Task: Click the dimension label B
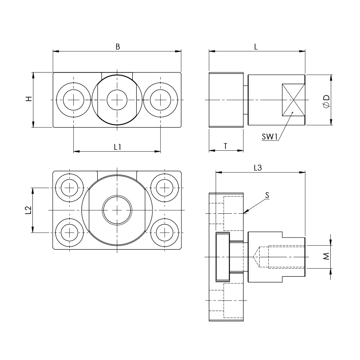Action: [117, 46]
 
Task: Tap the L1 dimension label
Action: [118, 146]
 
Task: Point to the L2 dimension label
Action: [28, 210]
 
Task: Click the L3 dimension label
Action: [258, 168]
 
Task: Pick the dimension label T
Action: [225, 146]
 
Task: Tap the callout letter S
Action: [267, 195]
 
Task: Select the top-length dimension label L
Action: [256, 46]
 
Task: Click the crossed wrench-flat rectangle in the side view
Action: [292, 99]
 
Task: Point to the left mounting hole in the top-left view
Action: [73, 99]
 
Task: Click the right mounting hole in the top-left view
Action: [160, 99]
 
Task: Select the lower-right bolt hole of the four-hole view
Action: [165, 233]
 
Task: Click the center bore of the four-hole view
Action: [117, 210]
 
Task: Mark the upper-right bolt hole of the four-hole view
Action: [165, 186]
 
